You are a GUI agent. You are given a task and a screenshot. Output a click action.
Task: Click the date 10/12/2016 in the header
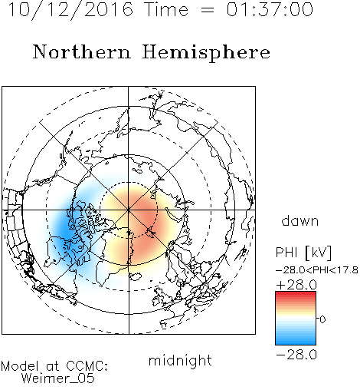[x=70, y=9]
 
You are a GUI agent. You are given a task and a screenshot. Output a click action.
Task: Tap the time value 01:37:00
[x=270, y=9]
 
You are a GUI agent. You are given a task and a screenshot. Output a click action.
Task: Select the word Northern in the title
[x=82, y=52]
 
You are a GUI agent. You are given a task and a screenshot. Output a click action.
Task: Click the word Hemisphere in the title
[x=206, y=53]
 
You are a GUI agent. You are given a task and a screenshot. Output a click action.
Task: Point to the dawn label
[x=300, y=220]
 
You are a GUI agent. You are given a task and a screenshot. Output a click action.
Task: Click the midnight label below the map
[x=180, y=361]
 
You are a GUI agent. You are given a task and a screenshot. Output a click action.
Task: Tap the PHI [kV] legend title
[x=303, y=253]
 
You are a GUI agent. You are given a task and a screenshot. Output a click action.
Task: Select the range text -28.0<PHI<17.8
[x=317, y=270]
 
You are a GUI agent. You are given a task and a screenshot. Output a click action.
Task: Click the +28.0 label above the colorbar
[x=296, y=285]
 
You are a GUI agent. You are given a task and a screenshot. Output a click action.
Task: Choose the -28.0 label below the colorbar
[x=296, y=355]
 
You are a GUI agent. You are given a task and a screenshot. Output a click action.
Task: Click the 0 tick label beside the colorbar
[x=322, y=319]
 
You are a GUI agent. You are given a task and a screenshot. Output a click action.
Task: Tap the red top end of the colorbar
[x=296, y=294]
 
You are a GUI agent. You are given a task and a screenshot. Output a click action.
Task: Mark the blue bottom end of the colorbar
[x=296, y=342]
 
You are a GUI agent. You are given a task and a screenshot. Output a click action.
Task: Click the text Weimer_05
[x=58, y=378]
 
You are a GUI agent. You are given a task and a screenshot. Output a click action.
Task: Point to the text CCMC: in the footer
[x=87, y=366]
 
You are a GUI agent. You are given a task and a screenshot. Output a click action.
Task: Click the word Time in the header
[x=166, y=9]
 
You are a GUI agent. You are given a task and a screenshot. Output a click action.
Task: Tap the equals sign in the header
[x=208, y=10]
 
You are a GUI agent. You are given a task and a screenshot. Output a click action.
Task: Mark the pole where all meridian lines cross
[x=129, y=210]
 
